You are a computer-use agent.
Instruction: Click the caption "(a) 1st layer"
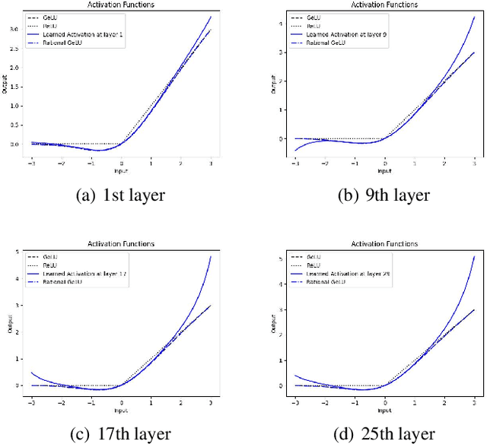coord(121,195)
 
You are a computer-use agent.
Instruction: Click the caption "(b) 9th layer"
coord(384,195)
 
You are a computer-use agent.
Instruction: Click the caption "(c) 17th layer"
coord(121,434)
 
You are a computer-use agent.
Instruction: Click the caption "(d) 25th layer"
coord(384,434)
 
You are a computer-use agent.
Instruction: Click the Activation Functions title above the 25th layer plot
coord(384,244)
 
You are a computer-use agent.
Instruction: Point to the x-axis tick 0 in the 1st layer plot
coord(120,163)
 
